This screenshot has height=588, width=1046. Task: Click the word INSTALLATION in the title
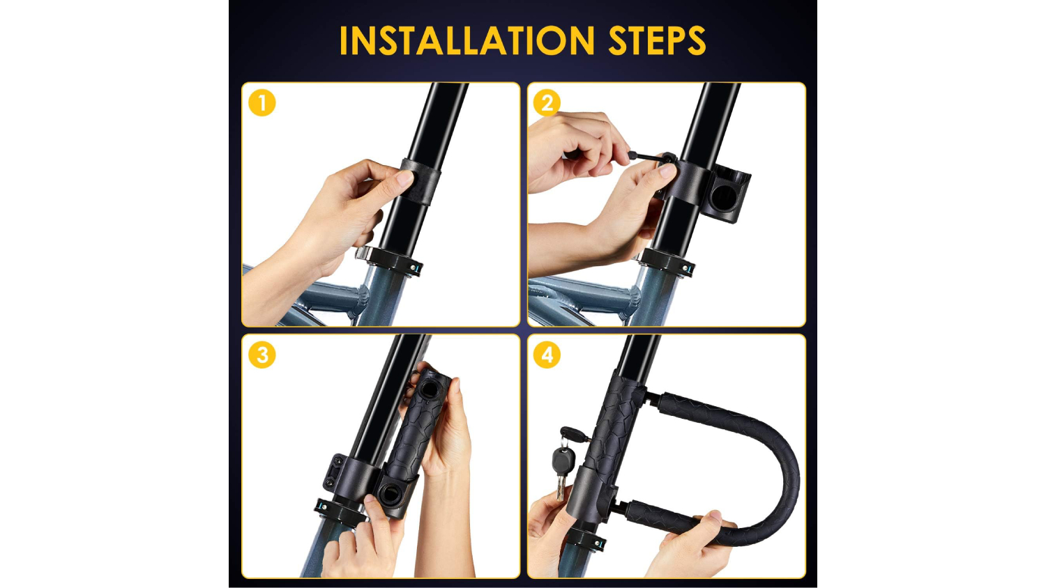point(467,40)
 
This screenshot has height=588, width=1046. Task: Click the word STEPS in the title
point(657,40)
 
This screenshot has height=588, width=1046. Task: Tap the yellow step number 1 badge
point(262,102)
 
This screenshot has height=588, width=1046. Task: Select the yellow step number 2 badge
point(547,102)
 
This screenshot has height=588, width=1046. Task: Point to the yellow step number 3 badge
point(262,355)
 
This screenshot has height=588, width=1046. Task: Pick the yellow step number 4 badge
point(547,355)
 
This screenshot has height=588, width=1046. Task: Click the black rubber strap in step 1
point(421,182)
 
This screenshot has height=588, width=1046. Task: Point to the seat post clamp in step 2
point(665,263)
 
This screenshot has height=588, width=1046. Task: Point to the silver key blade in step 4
point(561,487)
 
